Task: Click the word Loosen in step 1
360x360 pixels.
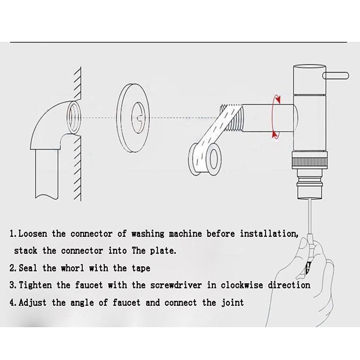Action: click(36, 234)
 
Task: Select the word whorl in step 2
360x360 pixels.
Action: click(85, 268)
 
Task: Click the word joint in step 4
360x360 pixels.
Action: click(231, 302)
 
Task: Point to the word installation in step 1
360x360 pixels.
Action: click(268, 234)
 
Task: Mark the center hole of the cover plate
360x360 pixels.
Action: click(138, 118)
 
